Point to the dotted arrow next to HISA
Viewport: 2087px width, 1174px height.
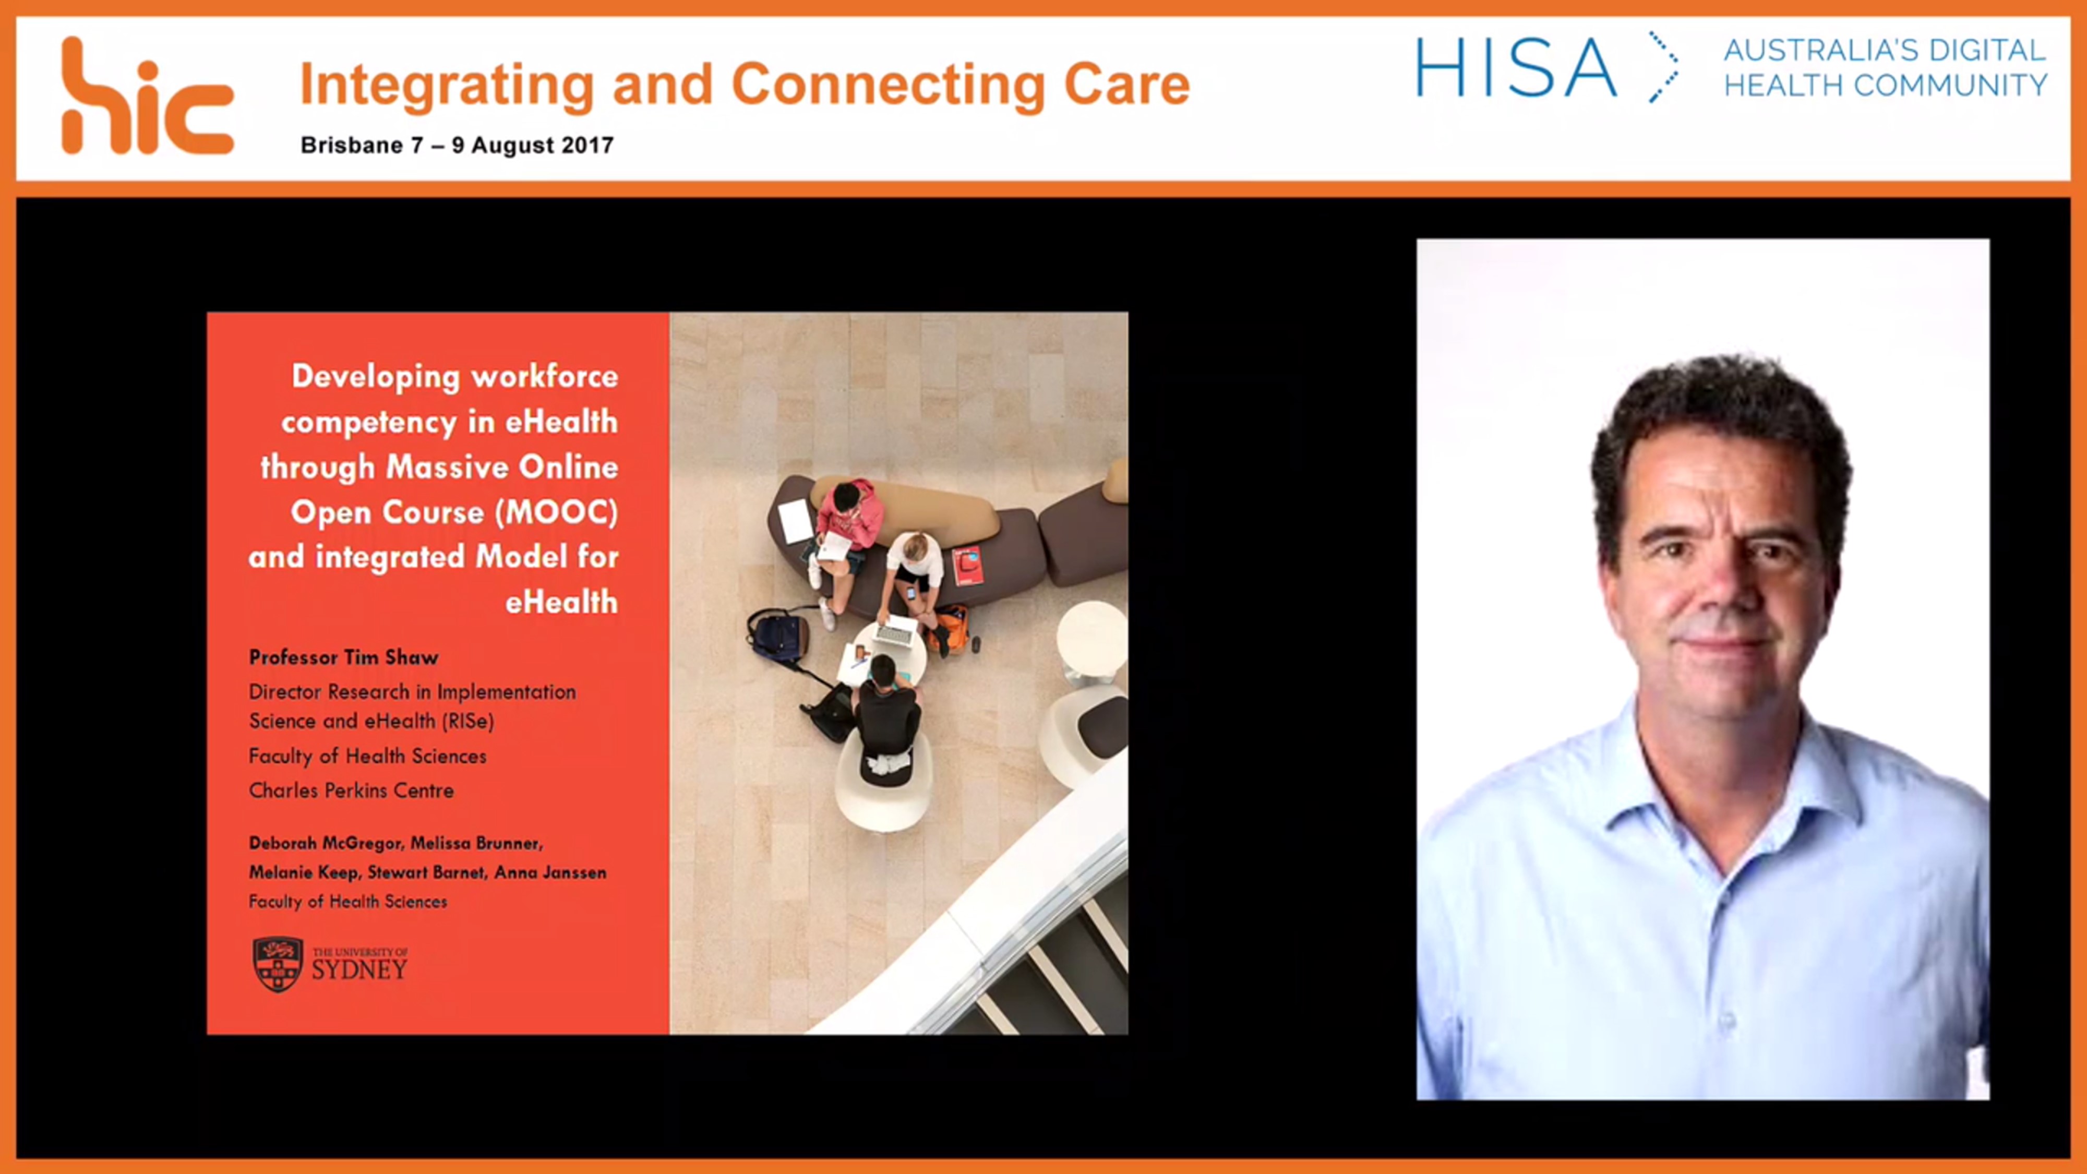(x=1663, y=68)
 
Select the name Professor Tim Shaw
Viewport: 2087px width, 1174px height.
(x=343, y=657)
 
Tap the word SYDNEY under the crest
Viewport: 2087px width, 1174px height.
(x=359, y=970)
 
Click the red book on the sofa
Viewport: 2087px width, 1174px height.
(x=966, y=565)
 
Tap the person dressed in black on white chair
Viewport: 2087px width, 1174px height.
(x=887, y=713)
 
